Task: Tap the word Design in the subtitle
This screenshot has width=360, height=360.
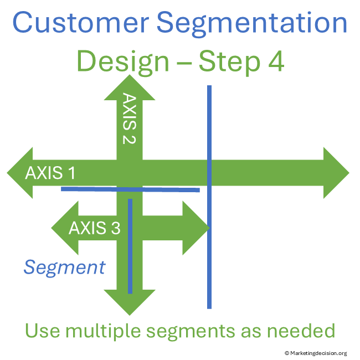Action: (122, 62)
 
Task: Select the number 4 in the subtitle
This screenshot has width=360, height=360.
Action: (275, 62)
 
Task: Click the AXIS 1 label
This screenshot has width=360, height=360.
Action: (50, 173)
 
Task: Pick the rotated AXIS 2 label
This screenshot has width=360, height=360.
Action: (129, 119)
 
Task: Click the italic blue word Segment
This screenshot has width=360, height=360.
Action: (64, 268)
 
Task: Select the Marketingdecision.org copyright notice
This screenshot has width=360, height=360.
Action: (315, 353)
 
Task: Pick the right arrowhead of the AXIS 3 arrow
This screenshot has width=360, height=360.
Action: (196, 228)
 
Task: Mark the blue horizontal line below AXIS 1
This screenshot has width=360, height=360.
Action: (166, 189)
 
